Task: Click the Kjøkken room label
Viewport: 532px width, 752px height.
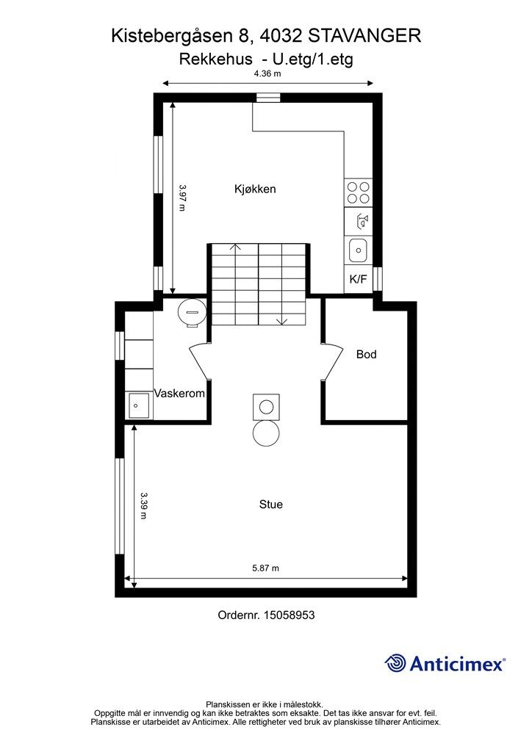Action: click(255, 189)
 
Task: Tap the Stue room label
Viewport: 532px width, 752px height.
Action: click(270, 505)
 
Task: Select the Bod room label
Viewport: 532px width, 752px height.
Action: click(366, 355)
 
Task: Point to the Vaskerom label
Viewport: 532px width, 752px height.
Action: click(179, 394)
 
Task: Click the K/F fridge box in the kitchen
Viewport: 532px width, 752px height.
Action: click(358, 279)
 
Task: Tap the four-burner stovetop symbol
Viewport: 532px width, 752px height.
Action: click(359, 192)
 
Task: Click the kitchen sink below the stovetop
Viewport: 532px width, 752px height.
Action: click(359, 250)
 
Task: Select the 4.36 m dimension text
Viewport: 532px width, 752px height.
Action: click(267, 74)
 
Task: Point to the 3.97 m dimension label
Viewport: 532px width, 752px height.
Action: click(182, 198)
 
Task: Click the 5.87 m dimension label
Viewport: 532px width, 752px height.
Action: click(266, 568)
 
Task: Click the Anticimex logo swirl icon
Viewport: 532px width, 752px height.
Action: click(396, 663)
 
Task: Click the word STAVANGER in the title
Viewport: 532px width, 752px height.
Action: click(364, 35)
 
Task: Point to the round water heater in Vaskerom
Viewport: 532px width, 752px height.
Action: click(193, 312)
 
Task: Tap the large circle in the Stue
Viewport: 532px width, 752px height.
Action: click(266, 433)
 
